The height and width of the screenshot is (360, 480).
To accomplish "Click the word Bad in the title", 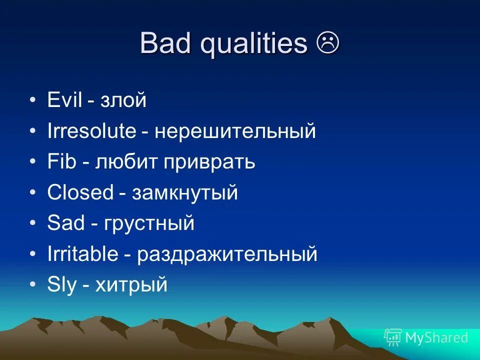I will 166,43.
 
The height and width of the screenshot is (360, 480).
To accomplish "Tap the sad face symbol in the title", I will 328,43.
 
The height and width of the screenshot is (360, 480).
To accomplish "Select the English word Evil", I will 64,100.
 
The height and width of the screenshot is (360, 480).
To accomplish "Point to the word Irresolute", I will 91,131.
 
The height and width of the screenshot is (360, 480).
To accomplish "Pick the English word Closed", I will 80,192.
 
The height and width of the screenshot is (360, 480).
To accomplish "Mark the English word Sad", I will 66,223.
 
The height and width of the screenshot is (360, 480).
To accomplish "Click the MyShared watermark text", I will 436,337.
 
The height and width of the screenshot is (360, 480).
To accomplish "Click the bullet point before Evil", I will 33,101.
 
